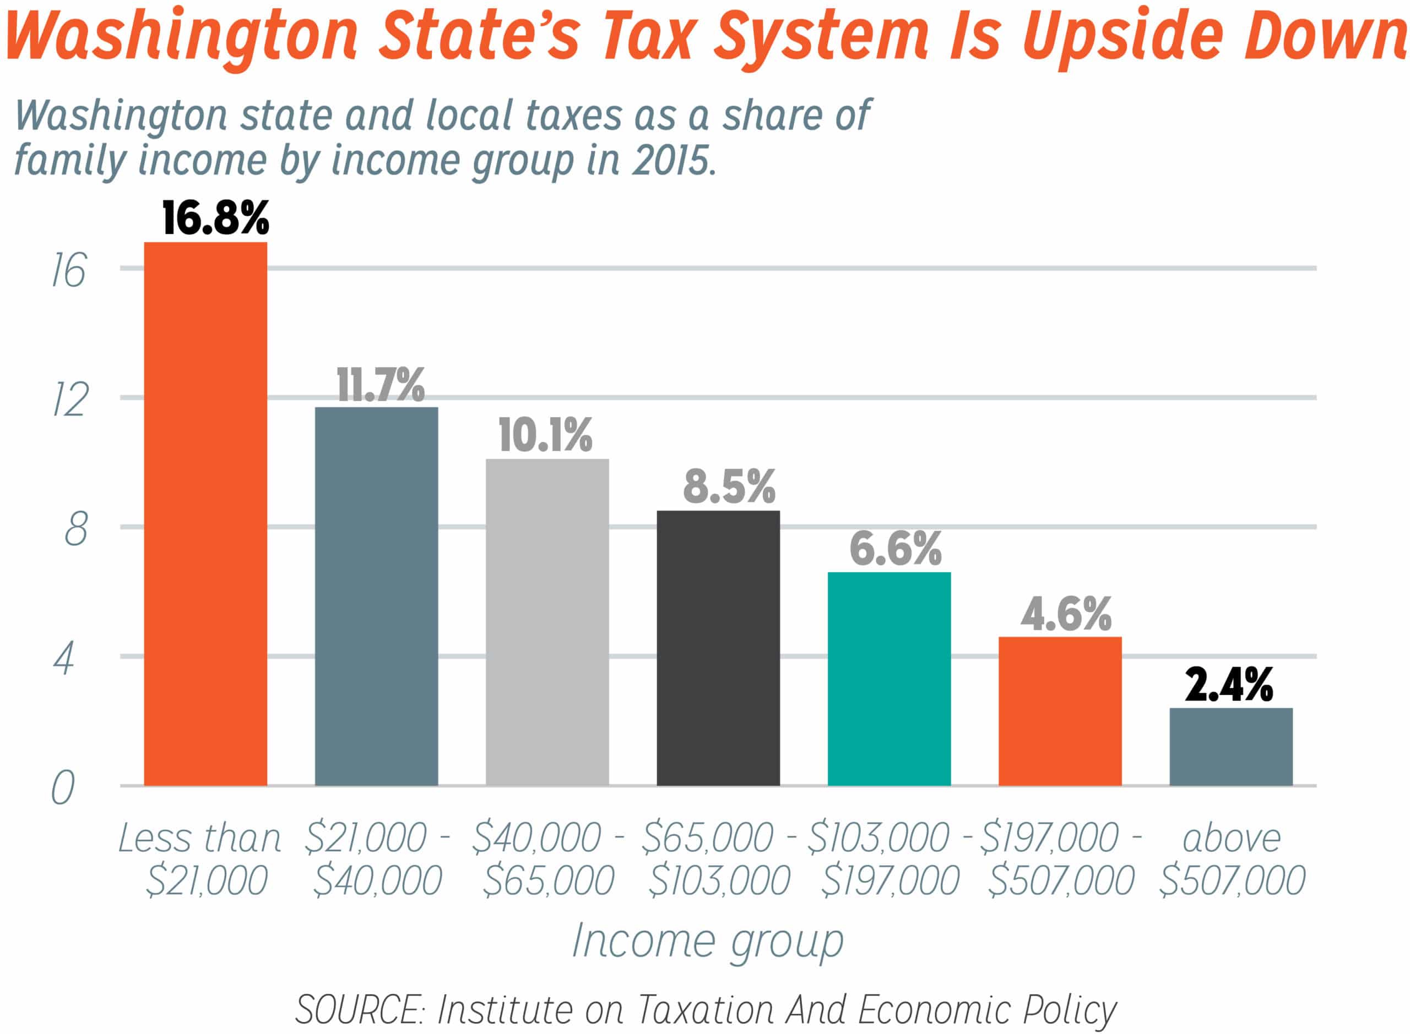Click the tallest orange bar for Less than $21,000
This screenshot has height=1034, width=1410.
[x=205, y=513]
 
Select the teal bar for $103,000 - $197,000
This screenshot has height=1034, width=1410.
[x=889, y=679]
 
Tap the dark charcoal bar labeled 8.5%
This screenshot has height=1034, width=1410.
[x=718, y=648]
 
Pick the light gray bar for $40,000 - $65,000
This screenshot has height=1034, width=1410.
[x=547, y=622]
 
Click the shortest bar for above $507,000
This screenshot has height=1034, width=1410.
[x=1231, y=747]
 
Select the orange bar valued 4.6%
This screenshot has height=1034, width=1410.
[x=1060, y=711]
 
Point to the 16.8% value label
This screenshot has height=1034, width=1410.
[x=215, y=218]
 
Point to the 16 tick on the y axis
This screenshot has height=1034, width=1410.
[x=68, y=271]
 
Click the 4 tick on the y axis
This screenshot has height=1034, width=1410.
[x=63, y=659]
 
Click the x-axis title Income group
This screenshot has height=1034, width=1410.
[x=708, y=941]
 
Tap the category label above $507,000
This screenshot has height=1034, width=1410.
[x=1232, y=859]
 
